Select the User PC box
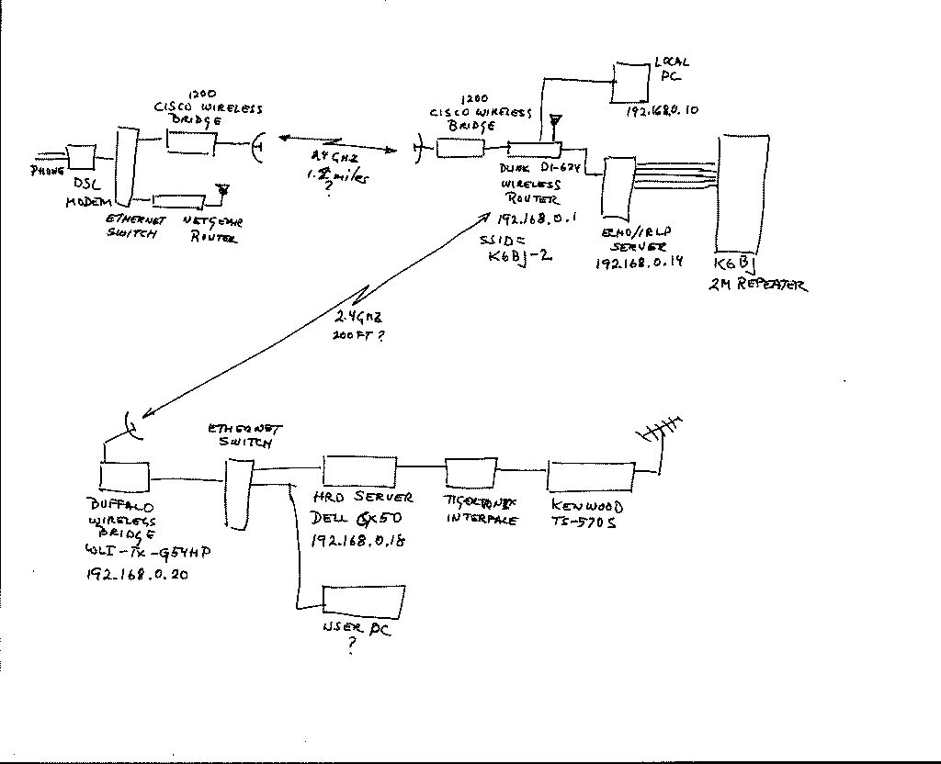point(364,601)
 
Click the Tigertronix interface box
point(470,472)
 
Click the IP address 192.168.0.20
point(137,576)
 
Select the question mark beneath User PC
point(351,647)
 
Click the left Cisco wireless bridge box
point(190,141)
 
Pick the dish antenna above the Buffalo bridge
point(131,427)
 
